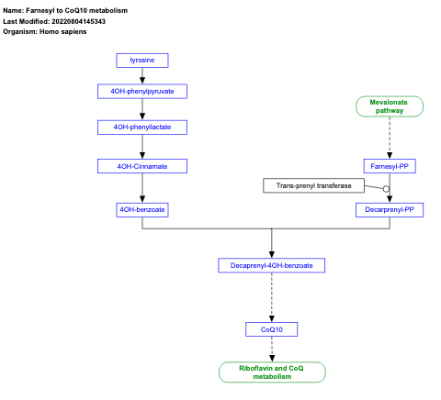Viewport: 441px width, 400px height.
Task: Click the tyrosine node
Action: pyautogui.click(x=141, y=61)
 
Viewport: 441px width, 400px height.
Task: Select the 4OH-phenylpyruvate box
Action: pyautogui.click(x=141, y=91)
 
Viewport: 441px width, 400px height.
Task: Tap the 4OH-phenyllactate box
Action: pyautogui.click(x=141, y=126)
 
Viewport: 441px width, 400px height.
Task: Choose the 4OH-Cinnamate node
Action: pyautogui.click(x=141, y=166)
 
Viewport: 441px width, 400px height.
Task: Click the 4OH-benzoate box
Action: pyautogui.click(x=141, y=209)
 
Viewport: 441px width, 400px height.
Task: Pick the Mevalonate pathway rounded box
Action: pyautogui.click(x=390, y=106)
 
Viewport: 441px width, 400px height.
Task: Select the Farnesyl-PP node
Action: pyautogui.click(x=390, y=166)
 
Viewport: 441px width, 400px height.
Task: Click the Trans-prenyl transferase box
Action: pyautogui.click(x=313, y=186)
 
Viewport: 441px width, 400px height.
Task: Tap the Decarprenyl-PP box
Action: pyautogui.click(x=390, y=209)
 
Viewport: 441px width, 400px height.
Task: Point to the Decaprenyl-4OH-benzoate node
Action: pyautogui.click(x=271, y=265)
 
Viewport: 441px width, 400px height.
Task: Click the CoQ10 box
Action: pyautogui.click(x=271, y=328)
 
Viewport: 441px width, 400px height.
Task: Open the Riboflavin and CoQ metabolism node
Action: pyautogui.click(x=271, y=372)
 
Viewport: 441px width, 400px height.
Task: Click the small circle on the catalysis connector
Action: pyautogui.click(x=387, y=189)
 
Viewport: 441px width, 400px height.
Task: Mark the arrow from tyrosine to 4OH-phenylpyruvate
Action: pyautogui.click(x=141, y=75)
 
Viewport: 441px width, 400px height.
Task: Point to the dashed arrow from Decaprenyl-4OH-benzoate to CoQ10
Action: pyautogui.click(x=271, y=296)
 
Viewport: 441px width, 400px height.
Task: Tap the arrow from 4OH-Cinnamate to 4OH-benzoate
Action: pyautogui.click(x=141, y=187)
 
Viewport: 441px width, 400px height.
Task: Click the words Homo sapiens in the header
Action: pyautogui.click(x=63, y=31)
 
